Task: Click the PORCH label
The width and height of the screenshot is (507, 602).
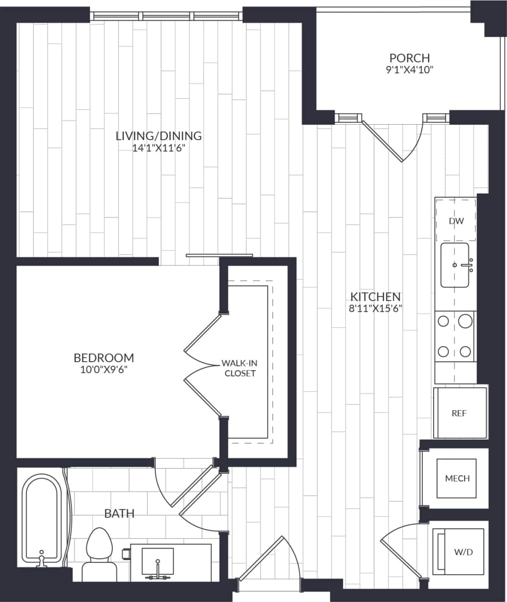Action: [409, 58]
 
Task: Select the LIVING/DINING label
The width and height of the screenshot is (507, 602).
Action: [158, 136]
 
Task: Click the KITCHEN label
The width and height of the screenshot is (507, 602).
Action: [375, 297]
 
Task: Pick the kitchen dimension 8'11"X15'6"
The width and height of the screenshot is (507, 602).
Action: [375, 309]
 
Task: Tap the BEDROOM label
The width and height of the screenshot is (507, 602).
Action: [103, 358]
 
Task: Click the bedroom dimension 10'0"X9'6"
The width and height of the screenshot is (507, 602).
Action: [103, 370]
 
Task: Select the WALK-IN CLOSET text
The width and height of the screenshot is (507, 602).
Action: [240, 368]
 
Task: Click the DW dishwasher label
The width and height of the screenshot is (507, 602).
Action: [456, 221]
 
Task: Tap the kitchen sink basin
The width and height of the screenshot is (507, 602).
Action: [454, 266]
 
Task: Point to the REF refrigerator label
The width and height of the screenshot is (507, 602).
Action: [459, 413]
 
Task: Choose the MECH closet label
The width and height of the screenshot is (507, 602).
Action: [457, 478]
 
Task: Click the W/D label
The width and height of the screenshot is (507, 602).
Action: [463, 552]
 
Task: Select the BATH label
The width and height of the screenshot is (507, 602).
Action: [119, 514]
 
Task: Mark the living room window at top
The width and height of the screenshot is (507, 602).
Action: [167, 16]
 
